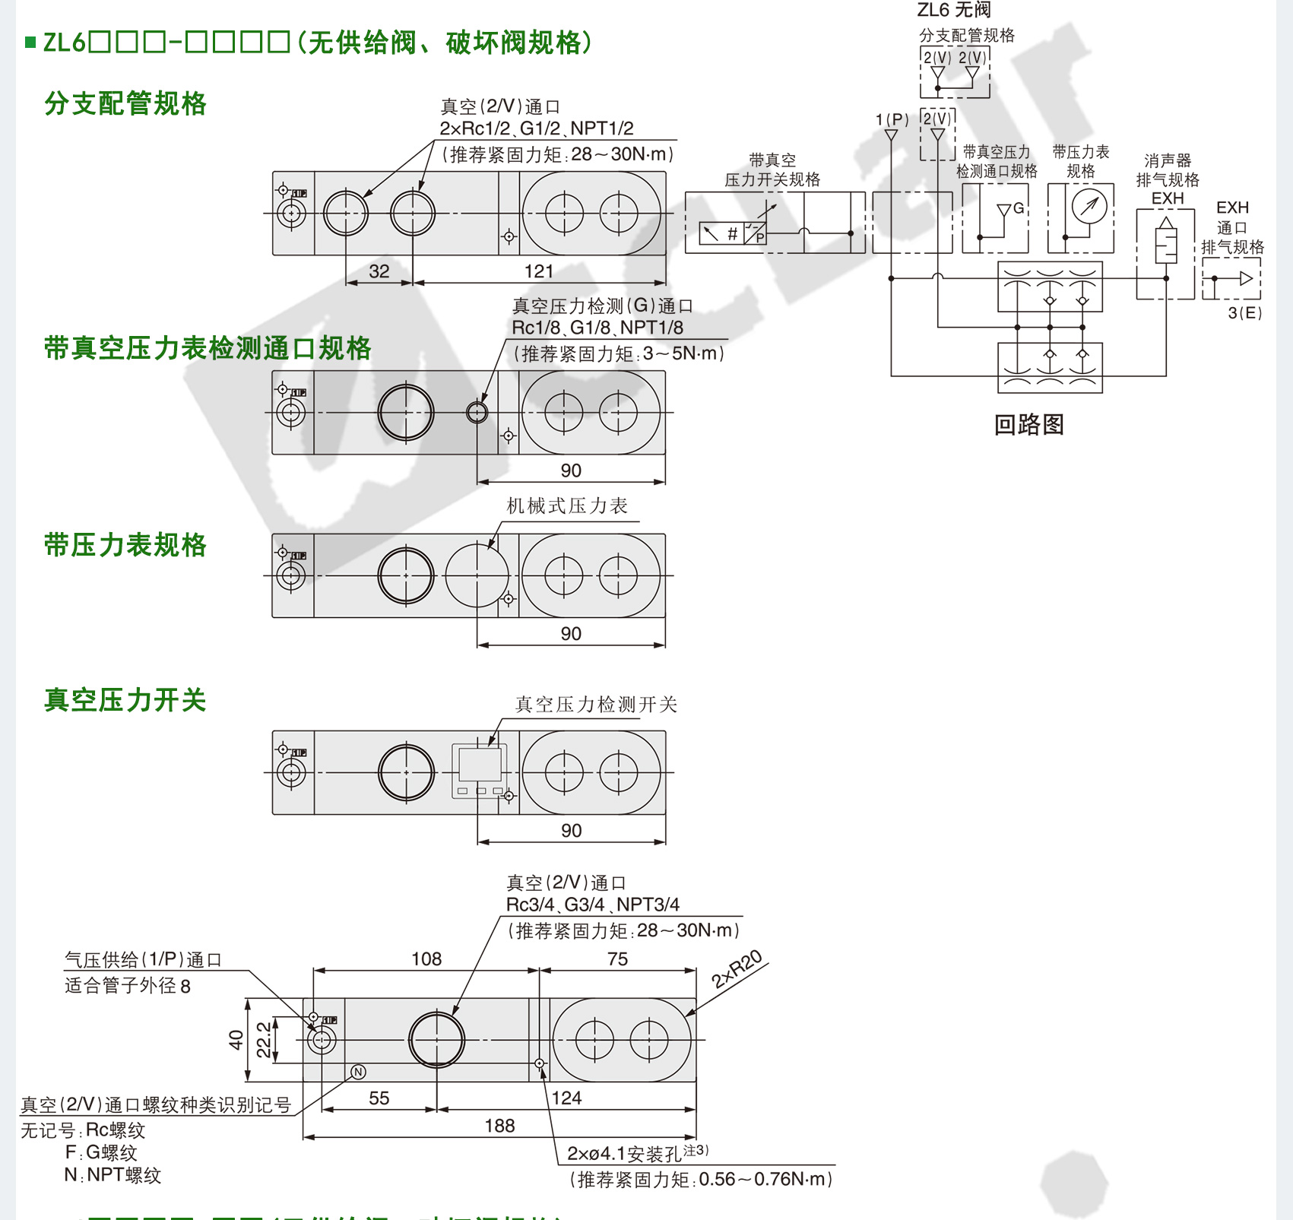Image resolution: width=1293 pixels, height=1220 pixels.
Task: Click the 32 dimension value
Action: click(x=379, y=271)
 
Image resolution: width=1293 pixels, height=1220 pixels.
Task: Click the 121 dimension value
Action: click(x=539, y=271)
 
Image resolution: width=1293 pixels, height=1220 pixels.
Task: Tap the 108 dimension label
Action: click(x=426, y=959)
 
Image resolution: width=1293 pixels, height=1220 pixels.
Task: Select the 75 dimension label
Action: click(x=617, y=959)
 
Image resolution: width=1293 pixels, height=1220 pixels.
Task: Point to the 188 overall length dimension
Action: click(x=499, y=1126)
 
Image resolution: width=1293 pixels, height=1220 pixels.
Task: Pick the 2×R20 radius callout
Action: click(x=736, y=969)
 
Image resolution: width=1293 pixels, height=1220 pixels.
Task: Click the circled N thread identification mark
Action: click(x=359, y=1072)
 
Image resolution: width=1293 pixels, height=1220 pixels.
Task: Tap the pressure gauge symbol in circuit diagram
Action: click(x=1089, y=206)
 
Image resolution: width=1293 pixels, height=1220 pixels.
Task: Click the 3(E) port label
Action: click(x=1244, y=313)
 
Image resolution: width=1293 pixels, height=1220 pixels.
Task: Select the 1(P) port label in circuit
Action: click(x=892, y=120)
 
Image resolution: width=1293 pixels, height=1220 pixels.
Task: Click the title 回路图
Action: click(x=1028, y=424)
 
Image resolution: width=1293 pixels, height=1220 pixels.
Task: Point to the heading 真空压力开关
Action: click(x=125, y=700)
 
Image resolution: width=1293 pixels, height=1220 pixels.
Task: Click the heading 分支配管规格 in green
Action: click(x=125, y=103)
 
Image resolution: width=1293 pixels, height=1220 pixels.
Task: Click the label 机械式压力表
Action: click(x=567, y=506)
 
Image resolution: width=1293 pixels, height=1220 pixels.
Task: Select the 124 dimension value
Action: click(x=566, y=1098)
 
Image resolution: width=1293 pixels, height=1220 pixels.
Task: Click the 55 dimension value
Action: click(x=379, y=1098)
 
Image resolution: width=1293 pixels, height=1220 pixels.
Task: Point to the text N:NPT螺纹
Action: click(x=113, y=1175)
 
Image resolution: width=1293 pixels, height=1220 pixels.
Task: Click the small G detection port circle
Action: click(x=477, y=412)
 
